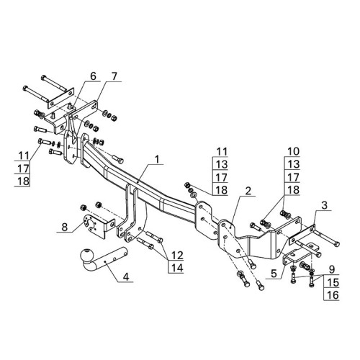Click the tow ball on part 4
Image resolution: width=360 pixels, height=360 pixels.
[x=86, y=255]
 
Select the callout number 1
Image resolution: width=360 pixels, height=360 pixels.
[x=157, y=159]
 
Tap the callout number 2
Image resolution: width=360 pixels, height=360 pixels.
[x=248, y=191]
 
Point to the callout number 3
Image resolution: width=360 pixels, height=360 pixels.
[x=324, y=205]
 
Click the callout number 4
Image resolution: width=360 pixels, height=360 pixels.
[x=126, y=277]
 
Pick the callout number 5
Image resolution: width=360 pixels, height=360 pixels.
[x=274, y=274]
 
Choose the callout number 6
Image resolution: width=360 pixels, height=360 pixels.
[x=93, y=76]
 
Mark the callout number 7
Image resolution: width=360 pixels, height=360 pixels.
[x=114, y=76]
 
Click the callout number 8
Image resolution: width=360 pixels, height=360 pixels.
[x=65, y=227]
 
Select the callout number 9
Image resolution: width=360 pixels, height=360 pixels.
[x=332, y=269]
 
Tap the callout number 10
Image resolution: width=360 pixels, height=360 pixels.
[x=293, y=151]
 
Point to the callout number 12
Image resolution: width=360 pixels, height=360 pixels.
[x=177, y=256]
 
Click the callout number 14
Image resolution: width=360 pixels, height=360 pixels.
[x=177, y=268]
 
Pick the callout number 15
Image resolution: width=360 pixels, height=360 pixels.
[x=333, y=282]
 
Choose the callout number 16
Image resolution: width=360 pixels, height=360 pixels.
[x=333, y=295]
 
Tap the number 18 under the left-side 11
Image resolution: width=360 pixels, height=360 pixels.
[x=23, y=181]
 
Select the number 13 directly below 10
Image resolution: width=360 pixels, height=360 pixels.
[x=293, y=164]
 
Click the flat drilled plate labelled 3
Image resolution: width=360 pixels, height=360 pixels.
[x=302, y=235]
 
